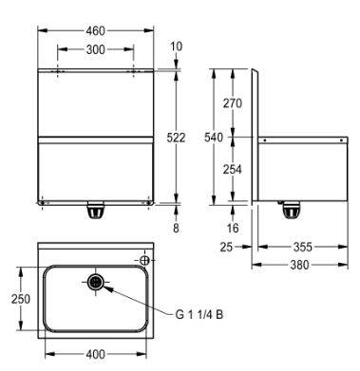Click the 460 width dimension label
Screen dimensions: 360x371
coord(95,30)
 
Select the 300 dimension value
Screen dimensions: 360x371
coord(95,49)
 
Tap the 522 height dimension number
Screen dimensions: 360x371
coord(176,138)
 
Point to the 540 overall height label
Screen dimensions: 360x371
coord(214,138)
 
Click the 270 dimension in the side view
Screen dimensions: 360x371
coord(233,103)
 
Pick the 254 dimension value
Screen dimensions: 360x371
coord(233,170)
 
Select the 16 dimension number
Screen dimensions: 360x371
coord(233,228)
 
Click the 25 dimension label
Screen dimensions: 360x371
coord(226,247)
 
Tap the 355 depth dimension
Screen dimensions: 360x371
coord(303,247)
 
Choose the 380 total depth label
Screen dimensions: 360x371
coord(299,265)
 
